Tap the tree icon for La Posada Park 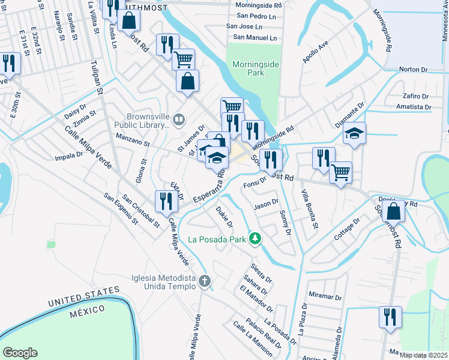(255, 239)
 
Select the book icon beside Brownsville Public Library (178, 120)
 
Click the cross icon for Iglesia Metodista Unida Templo (205, 281)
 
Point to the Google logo (20, 353)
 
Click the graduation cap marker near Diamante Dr (355, 133)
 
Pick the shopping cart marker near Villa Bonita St (341, 173)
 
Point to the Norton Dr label (412, 70)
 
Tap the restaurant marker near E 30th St (8, 63)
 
